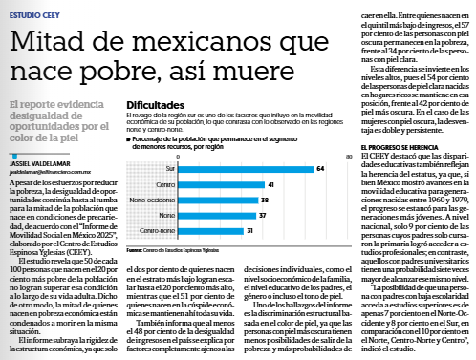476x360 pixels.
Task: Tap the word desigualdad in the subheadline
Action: pyautogui.click(x=40, y=115)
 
